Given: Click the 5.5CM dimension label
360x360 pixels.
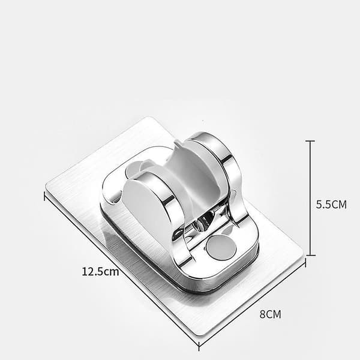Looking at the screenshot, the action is [x=331, y=205].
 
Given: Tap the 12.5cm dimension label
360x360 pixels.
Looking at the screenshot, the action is [x=100, y=271].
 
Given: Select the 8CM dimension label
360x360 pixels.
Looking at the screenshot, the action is [x=270, y=314].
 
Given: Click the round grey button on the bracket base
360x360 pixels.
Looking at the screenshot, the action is [x=221, y=248].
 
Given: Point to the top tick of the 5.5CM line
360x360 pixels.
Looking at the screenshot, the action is [x=310, y=141].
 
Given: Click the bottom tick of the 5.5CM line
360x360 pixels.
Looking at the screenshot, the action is [x=310, y=255].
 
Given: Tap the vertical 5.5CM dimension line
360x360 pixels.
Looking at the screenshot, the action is [x=310, y=198].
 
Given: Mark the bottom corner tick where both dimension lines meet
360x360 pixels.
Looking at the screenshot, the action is [x=199, y=346].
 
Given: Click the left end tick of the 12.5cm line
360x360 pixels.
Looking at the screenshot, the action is [x=44, y=196].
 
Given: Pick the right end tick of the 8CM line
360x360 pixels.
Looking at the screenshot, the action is [x=305, y=262].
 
